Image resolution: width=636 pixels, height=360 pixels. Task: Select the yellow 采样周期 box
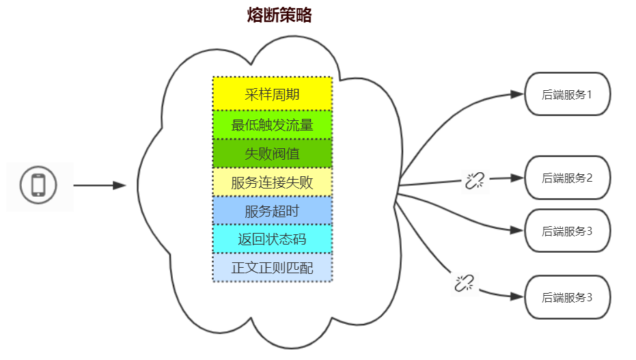272,94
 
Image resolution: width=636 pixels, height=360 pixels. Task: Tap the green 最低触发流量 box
272,124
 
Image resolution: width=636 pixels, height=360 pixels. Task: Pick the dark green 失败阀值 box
272,154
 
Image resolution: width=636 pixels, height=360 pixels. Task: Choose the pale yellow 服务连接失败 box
272,182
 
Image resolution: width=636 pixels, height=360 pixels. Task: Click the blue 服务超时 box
272,211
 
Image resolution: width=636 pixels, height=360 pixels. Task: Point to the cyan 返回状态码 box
272,240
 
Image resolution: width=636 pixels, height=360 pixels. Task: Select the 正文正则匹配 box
272,268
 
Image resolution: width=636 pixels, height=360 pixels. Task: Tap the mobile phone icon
38,185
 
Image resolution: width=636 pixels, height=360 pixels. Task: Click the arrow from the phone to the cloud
99,185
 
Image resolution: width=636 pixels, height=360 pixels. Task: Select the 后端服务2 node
566,178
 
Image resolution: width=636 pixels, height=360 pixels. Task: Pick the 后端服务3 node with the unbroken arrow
566,231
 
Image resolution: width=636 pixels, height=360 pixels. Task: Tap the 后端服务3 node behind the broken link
566,297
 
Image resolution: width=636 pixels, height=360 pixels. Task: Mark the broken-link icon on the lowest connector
465,282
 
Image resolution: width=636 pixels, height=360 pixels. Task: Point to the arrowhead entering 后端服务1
517,94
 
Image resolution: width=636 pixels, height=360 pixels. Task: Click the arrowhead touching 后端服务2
517,178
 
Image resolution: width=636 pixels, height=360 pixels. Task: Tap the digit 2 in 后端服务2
588,178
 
